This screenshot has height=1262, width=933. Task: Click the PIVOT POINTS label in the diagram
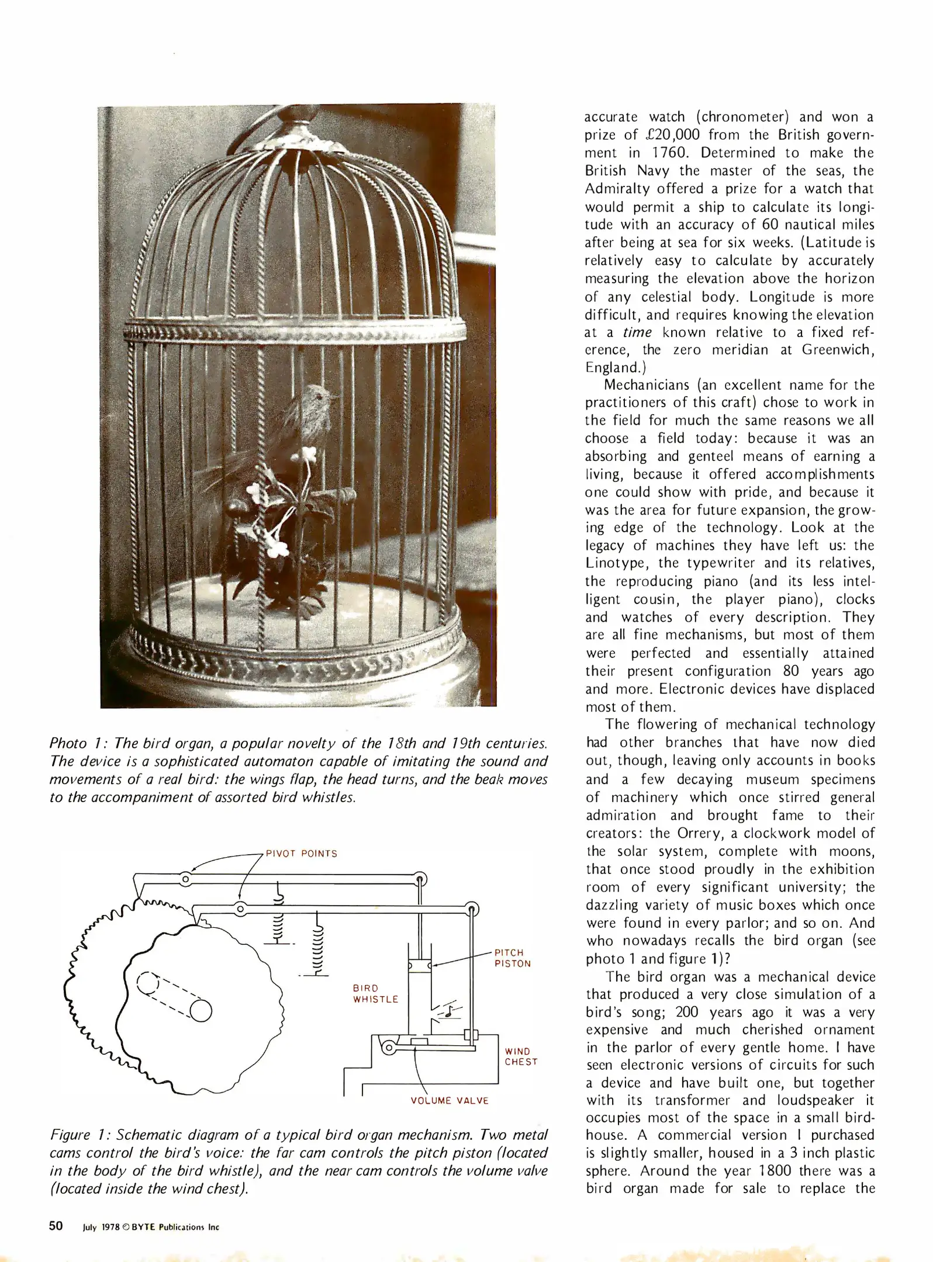coord(301,854)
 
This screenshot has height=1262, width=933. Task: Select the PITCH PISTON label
coord(512,958)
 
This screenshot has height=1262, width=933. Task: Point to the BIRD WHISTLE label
coord(375,994)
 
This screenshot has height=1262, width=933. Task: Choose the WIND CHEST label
coord(521,1057)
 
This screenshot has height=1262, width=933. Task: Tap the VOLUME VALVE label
coord(449,1101)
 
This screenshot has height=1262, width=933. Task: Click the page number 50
coord(56,1226)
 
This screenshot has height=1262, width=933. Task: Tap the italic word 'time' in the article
coord(637,332)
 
